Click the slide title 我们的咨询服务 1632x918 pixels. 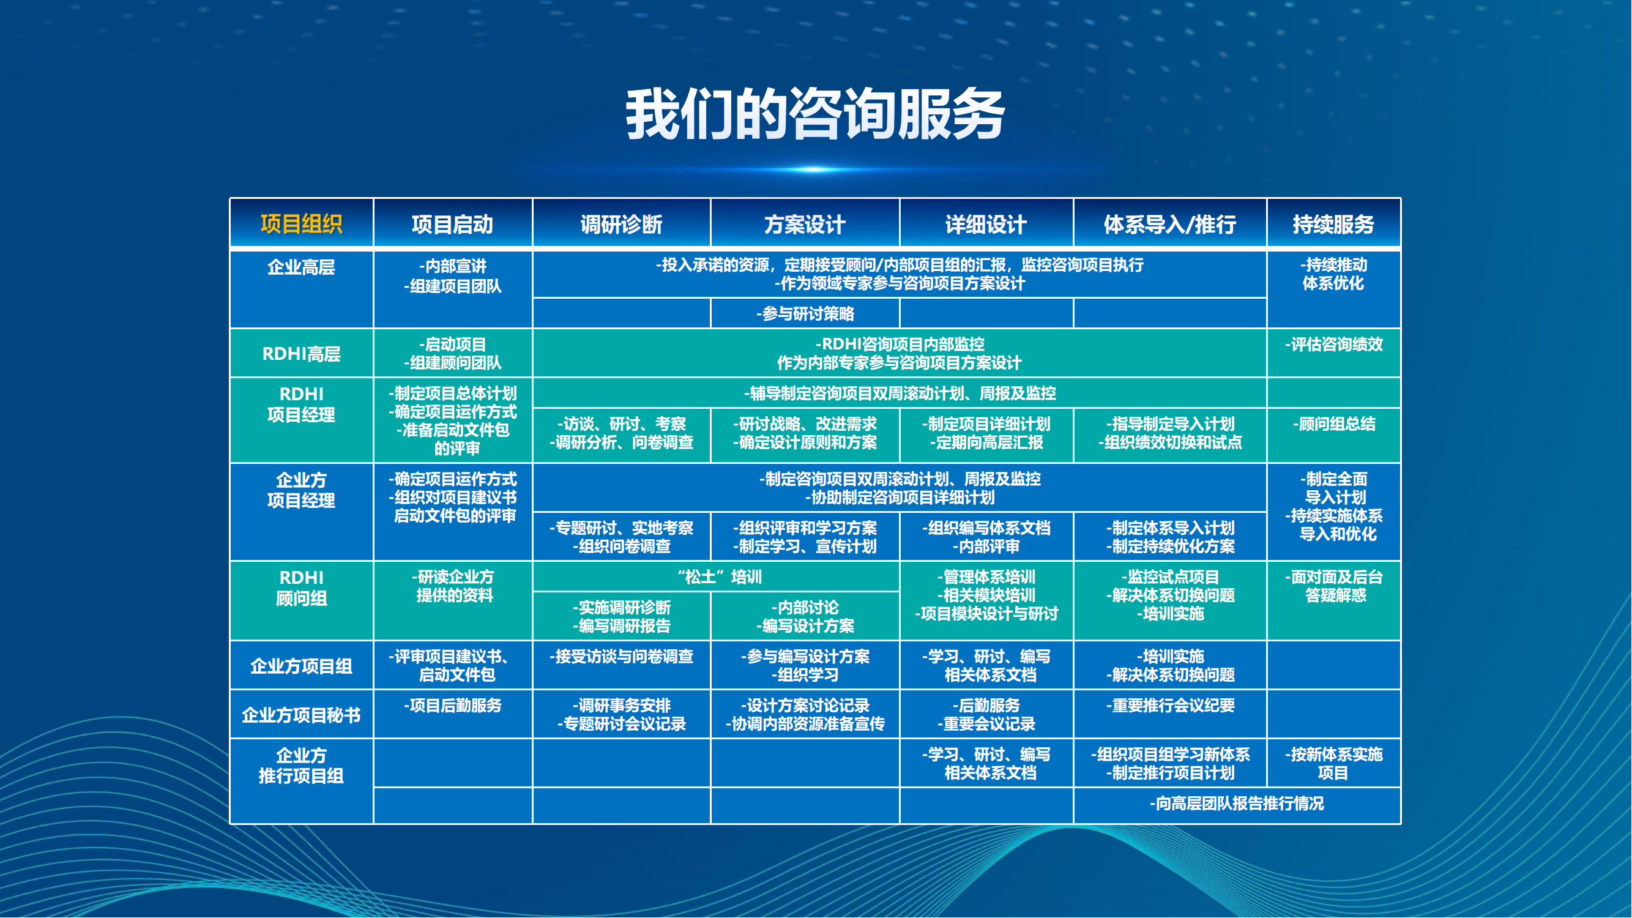(815, 114)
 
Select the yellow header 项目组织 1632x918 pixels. (301, 224)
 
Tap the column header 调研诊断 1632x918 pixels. (622, 224)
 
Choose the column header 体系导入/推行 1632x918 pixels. (1169, 224)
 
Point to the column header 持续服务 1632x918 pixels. (1333, 224)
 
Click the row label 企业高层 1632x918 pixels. (301, 267)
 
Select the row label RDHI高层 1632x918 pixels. (301, 354)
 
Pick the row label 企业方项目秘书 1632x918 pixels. (301, 715)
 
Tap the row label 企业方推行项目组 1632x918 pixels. (301, 766)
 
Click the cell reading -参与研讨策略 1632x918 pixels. (805, 313)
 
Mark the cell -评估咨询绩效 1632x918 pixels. (1333, 345)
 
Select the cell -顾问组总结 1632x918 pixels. (1333, 424)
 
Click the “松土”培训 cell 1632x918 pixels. (719, 577)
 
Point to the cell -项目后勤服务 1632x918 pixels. (453, 705)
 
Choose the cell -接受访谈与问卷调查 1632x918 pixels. (622, 656)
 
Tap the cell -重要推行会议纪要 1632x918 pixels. (1170, 705)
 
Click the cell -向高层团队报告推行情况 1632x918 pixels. (1237, 804)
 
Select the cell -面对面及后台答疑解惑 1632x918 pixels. (1333, 586)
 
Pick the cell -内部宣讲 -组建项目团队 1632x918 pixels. (453, 276)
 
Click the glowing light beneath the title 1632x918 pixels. (815, 169)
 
